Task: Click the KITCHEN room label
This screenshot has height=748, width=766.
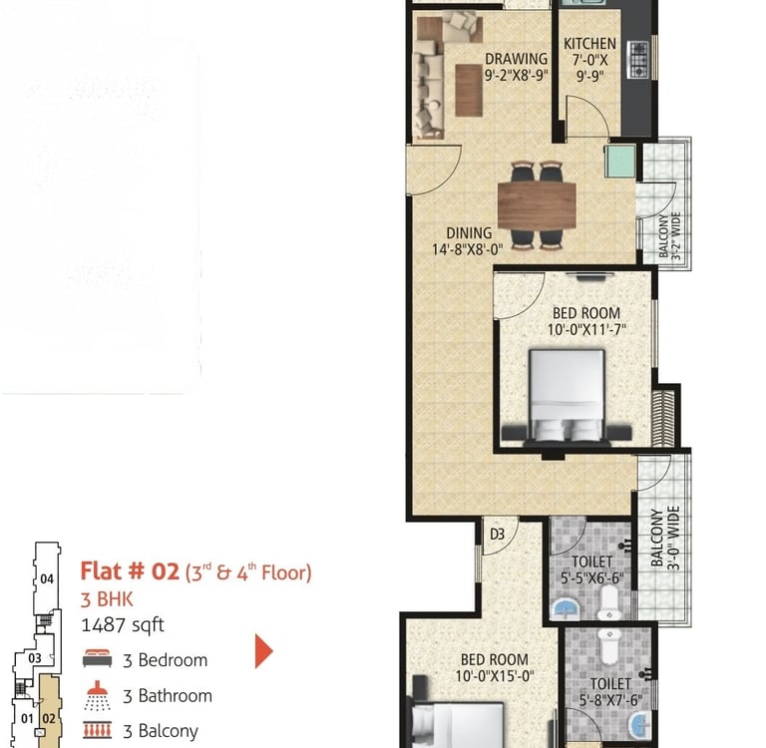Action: click(x=589, y=44)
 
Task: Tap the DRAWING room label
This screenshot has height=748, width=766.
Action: click(x=516, y=59)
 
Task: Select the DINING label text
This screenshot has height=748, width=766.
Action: click(x=469, y=233)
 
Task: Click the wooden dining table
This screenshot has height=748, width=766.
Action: click(x=537, y=205)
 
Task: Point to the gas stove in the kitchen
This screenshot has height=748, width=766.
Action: click(x=638, y=60)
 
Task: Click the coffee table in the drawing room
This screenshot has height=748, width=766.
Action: click(x=469, y=91)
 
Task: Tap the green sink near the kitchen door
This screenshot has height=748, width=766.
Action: click(x=620, y=161)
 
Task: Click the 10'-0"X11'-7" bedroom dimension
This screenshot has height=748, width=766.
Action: click(x=586, y=330)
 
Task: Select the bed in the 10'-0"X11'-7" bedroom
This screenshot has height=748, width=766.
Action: click(x=567, y=396)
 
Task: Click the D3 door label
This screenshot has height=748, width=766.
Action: click(x=497, y=534)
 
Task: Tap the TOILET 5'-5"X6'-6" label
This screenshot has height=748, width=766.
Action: click(x=591, y=570)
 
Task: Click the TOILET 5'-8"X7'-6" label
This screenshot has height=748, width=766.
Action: click(x=610, y=692)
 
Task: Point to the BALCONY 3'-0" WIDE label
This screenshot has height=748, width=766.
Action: click(x=666, y=538)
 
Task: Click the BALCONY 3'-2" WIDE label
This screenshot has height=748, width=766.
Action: click(x=670, y=235)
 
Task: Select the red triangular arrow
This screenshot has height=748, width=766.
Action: click(x=263, y=651)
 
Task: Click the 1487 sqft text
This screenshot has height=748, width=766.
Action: click(x=122, y=625)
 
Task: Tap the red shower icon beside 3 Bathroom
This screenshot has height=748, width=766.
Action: click(x=97, y=696)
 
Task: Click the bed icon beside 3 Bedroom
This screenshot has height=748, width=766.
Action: click(x=97, y=658)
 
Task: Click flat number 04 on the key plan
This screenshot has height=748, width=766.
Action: click(x=47, y=579)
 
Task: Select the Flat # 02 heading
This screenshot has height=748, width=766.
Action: click(x=130, y=571)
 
